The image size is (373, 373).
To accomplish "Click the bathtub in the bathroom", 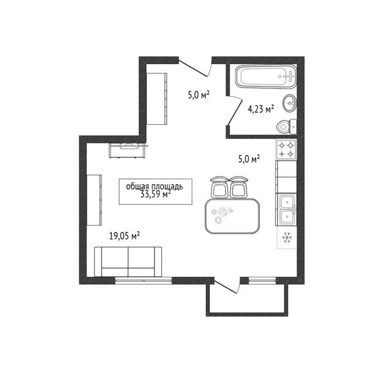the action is pyautogui.click(x=266, y=76).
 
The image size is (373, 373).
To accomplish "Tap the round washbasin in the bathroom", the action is pyautogui.click(x=290, y=103).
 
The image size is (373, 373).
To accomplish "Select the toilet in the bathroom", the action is pyautogui.click(x=287, y=126).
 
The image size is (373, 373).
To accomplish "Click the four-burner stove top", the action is pyautogui.click(x=286, y=149).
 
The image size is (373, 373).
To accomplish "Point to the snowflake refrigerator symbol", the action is pyautogui.click(x=287, y=238).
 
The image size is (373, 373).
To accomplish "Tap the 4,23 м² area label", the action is pyautogui.click(x=261, y=109).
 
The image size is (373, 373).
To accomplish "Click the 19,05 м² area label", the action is pyautogui.click(x=124, y=236).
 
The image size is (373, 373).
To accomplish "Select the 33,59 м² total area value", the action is pyautogui.click(x=156, y=195).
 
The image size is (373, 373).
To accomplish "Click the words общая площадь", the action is pyautogui.click(x=154, y=186).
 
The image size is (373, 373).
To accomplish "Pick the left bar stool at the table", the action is pyautogui.click(x=219, y=187).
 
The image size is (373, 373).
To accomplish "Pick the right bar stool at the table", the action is pyautogui.click(x=238, y=187).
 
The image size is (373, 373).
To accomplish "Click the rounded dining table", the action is pyautogui.click(x=232, y=216).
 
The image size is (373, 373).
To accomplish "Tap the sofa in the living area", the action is pyautogui.click(x=128, y=262).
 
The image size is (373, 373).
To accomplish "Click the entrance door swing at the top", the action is pyautogui.click(x=195, y=69).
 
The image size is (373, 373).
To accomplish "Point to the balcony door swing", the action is pyautogui.click(x=227, y=286).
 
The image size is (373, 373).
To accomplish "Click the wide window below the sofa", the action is pyautogui.click(x=143, y=281).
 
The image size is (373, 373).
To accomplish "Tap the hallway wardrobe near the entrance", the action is pyautogui.click(x=157, y=98).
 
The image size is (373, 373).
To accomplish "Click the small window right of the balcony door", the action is pyautogui.click(x=262, y=281).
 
